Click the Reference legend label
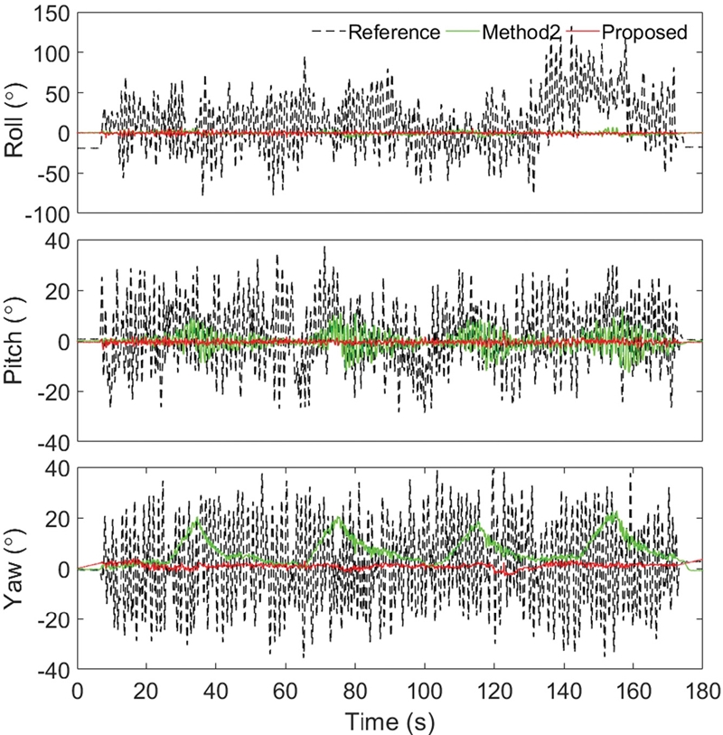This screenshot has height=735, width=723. click(393, 33)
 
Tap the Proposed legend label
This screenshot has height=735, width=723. click(645, 33)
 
